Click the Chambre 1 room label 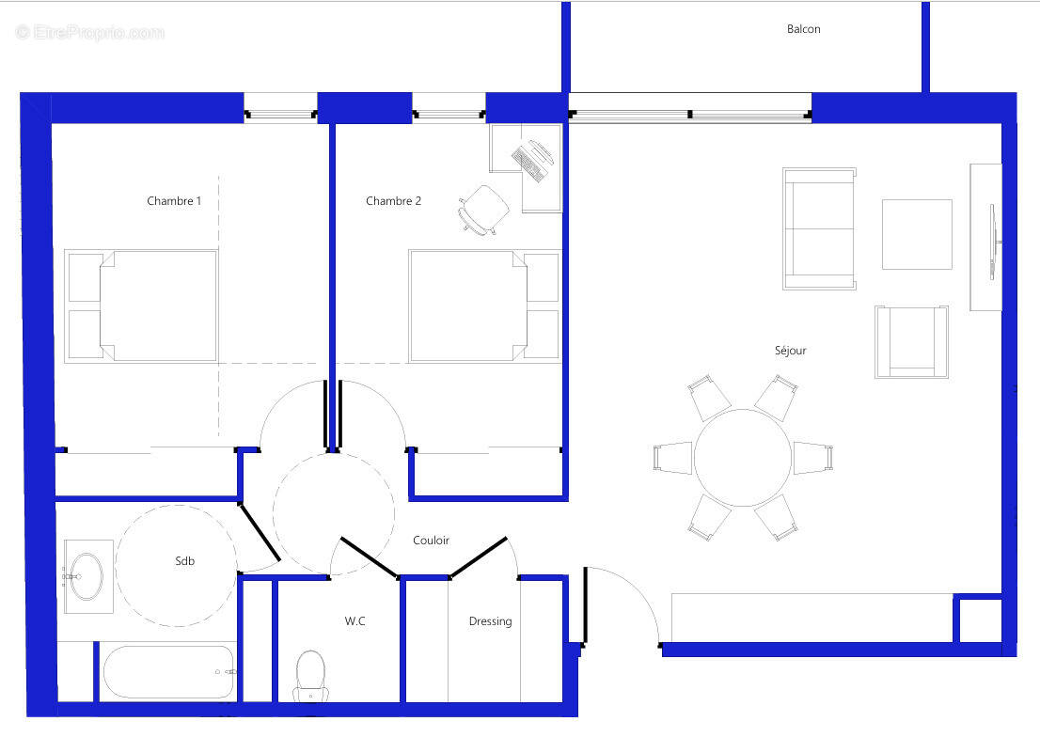(x=174, y=201)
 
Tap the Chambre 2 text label (x=393, y=201)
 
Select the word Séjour (x=790, y=351)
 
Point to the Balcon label (x=803, y=29)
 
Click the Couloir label (x=431, y=541)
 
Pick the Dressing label (x=490, y=621)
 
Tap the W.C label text (x=355, y=621)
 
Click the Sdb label (x=185, y=561)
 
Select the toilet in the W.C (x=310, y=674)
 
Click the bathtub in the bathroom (x=168, y=671)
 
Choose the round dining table (x=743, y=458)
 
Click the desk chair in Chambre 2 (x=482, y=208)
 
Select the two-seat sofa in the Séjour (x=819, y=228)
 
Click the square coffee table (x=916, y=234)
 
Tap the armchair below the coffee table (x=909, y=341)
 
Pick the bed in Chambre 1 (x=158, y=306)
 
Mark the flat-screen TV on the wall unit (x=993, y=242)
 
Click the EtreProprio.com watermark (x=90, y=33)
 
